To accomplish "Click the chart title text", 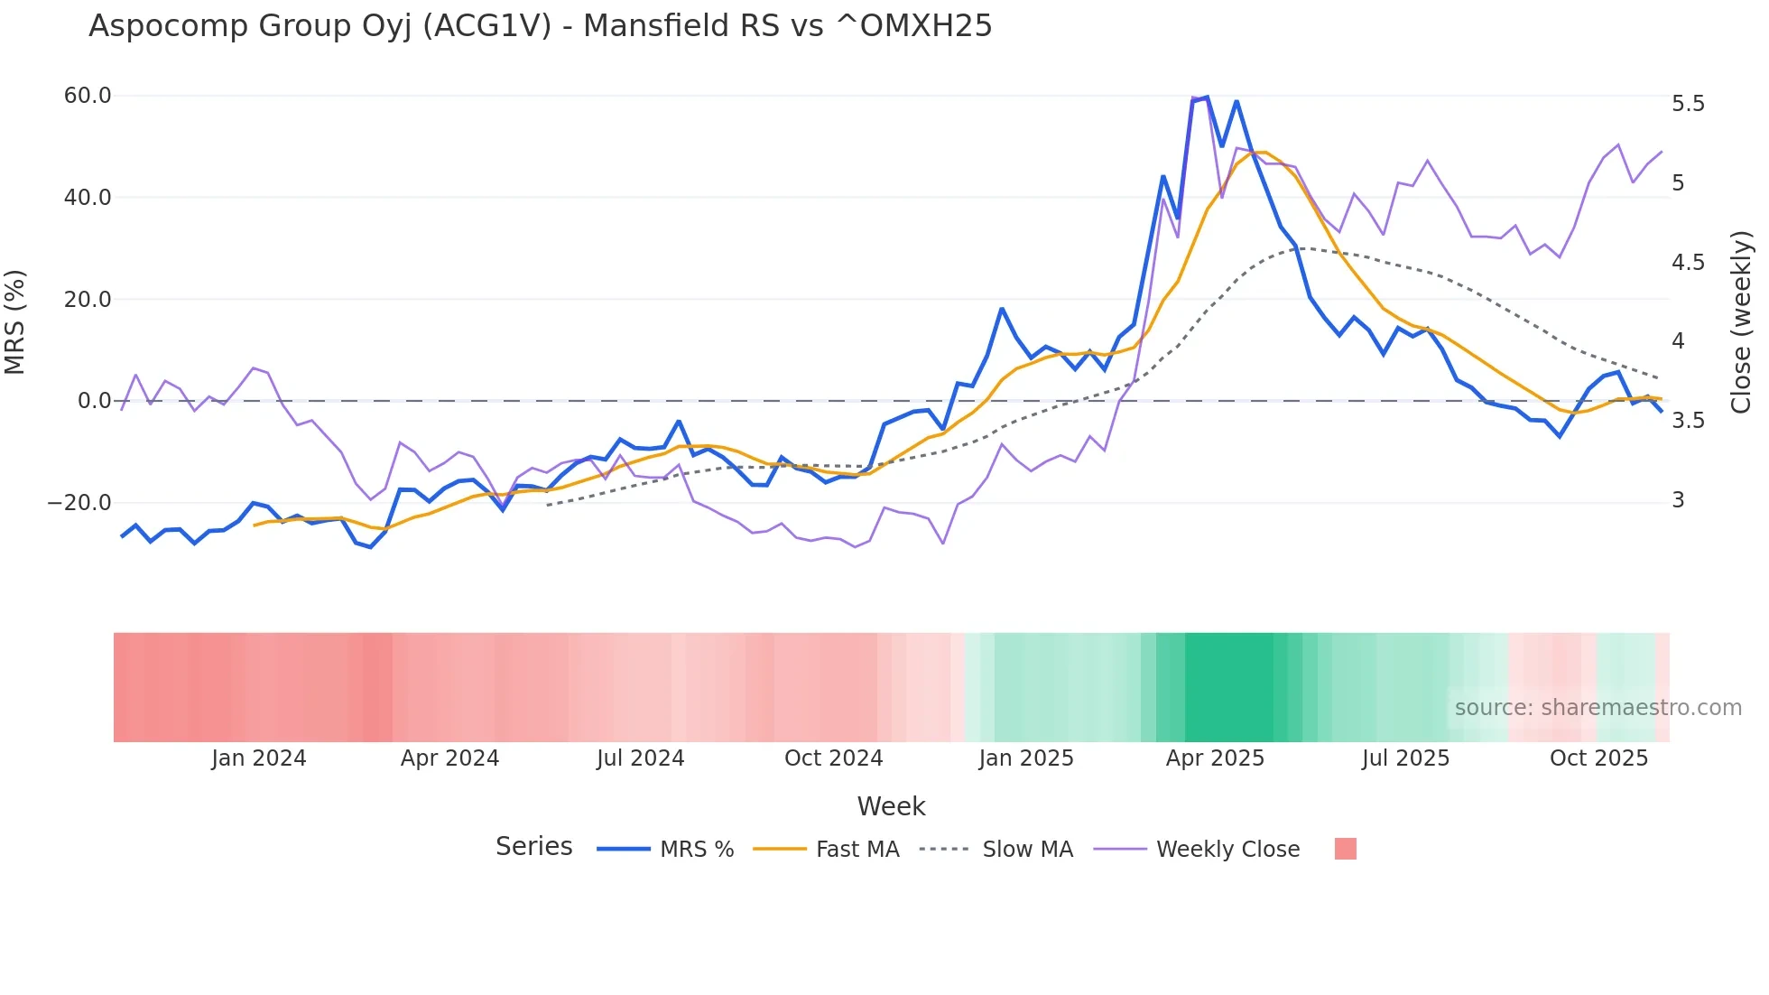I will point(540,26).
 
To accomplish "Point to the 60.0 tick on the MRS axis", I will point(88,96).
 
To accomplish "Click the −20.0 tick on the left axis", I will point(79,503).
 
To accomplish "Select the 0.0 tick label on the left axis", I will point(95,401).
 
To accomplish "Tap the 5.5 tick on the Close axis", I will point(1688,104).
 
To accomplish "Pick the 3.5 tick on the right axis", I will point(1688,421).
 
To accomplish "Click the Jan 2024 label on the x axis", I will point(259,758).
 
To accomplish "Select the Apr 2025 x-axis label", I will point(1215,758).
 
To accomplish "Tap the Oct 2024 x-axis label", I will point(833,758).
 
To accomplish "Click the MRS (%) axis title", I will point(15,321).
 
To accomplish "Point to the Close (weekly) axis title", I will point(1741,321).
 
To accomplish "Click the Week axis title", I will point(891,806).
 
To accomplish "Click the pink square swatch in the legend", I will point(1345,849).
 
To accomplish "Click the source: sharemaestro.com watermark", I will point(1598,708).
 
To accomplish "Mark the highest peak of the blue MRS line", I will point(1207,98).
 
